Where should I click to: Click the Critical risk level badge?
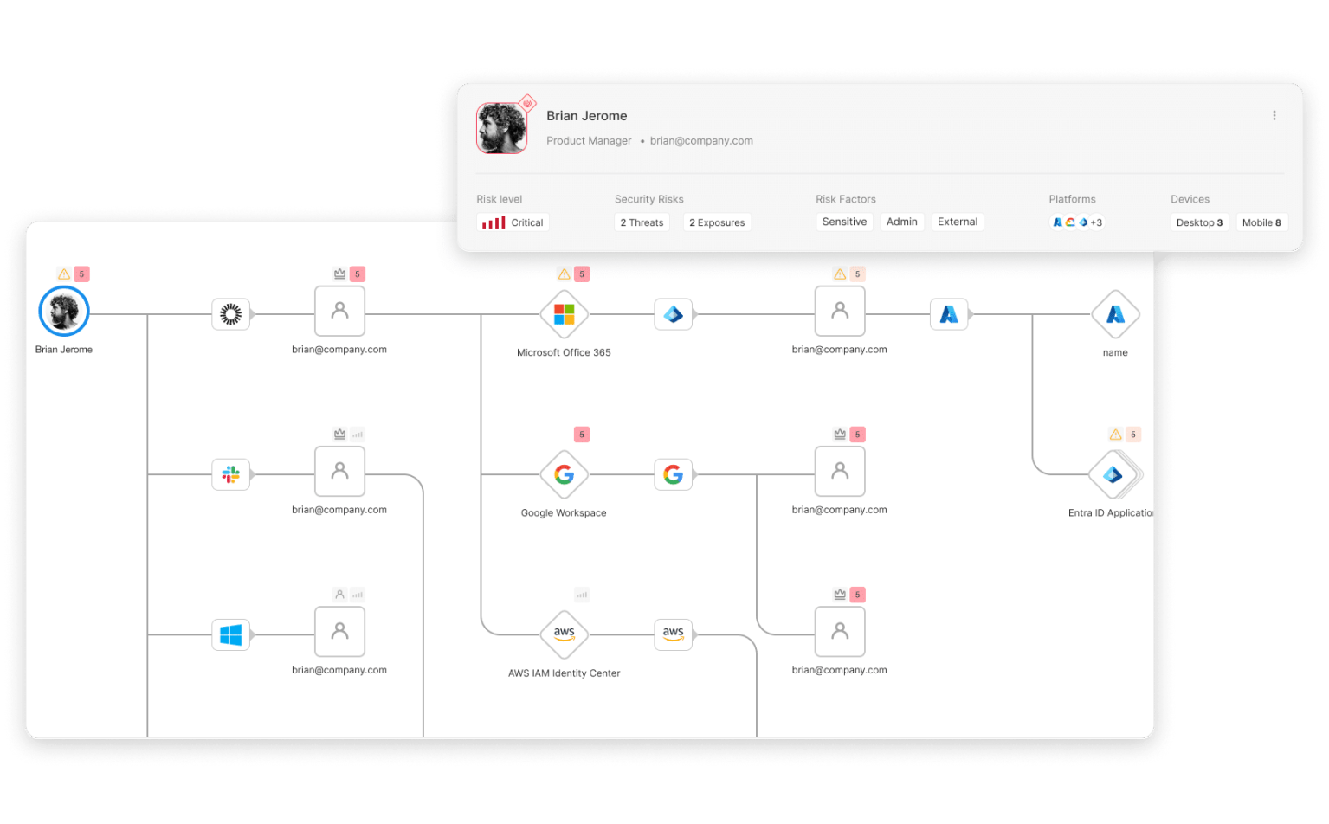(x=513, y=222)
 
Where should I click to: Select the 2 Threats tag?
(x=642, y=222)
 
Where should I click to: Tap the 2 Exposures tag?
(x=717, y=222)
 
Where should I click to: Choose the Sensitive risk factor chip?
(x=844, y=222)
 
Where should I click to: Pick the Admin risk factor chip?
(x=902, y=222)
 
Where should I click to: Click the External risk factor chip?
(x=958, y=222)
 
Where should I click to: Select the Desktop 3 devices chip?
(x=1199, y=222)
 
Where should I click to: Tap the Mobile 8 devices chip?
(x=1261, y=222)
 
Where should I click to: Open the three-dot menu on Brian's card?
(x=1274, y=116)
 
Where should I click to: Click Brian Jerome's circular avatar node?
(x=64, y=312)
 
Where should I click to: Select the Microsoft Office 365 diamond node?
(x=564, y=314)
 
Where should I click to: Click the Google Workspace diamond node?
(x=564, y=474)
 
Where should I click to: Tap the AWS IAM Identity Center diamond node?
(x=564, y=634)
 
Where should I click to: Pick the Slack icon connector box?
(x=231, y=474)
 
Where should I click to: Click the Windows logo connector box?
(x=231, y=634)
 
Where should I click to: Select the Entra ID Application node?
(x=1114, y=474)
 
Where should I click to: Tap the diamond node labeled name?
(x=1115, y=314)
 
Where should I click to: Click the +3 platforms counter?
(x=1096, y=222)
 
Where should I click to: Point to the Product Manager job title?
(x=589, y=140)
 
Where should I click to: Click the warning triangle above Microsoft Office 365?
(x=564, y=274)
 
